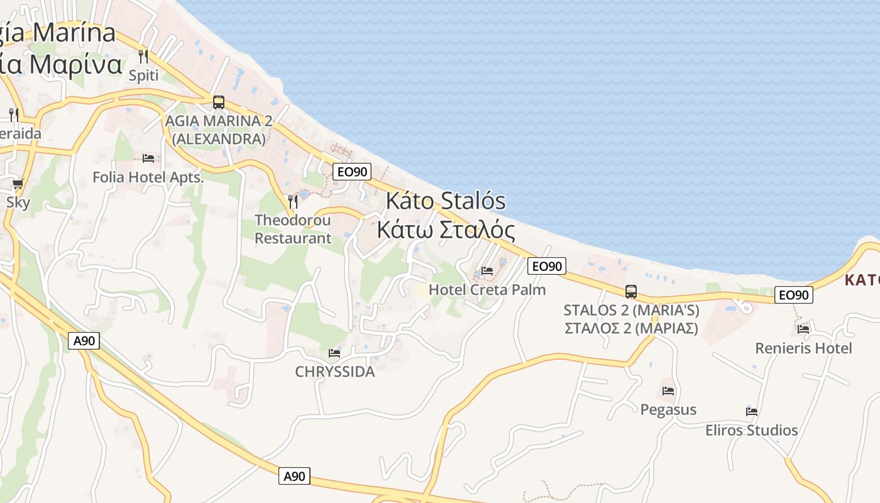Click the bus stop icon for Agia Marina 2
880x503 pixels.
[219, 102]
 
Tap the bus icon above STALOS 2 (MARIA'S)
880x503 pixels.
[631, 292]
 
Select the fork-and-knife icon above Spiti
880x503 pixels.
[143, 57]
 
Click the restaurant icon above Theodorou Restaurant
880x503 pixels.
[293, 202]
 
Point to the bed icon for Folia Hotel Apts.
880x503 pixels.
[148, 158]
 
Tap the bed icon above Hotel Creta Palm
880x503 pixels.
[487, 271]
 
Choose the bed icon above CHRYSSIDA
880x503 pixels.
[334, 353]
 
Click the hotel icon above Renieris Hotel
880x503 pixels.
[803, 329]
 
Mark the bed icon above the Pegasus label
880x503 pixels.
[668, 391]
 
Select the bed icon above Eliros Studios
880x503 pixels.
[752, 412]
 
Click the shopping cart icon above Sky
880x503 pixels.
[18, 184]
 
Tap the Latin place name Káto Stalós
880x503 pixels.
[446, 201]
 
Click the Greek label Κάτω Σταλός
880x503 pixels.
[446, 229]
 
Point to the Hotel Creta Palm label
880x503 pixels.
[487, 290]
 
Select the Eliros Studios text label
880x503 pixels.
[752, 431]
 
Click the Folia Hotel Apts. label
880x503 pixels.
[148, 177]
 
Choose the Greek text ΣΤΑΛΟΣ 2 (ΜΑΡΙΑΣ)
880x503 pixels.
[631, 328]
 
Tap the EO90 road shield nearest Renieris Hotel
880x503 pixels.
[794, 294]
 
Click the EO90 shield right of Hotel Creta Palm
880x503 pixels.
[546, 266]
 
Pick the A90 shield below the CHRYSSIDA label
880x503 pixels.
[294, 476]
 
